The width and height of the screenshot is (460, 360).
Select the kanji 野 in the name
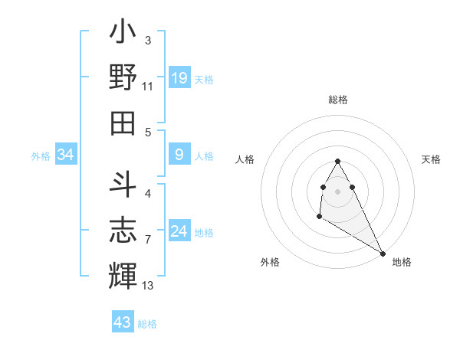click(123, 77)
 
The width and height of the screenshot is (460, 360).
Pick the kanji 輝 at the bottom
click(123, 273)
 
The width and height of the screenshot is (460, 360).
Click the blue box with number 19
click(179, 77)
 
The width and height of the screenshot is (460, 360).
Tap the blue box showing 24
click(179, 232)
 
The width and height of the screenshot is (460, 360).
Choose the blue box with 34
click(65, 155)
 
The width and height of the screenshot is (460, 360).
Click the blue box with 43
click(123, 322)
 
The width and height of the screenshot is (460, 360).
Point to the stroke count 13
click(148, 286)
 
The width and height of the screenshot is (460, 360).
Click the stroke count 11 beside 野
click(148, 87)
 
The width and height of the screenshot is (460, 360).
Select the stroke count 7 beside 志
click(147, 240)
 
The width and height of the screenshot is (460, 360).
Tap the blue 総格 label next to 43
click(147, 324)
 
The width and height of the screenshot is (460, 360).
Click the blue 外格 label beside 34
click(41, 156)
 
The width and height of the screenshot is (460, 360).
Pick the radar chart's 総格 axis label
click(337, 100)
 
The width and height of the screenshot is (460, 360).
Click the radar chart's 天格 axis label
click(431, 159)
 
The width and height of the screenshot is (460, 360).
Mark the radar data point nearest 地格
click(383, 253)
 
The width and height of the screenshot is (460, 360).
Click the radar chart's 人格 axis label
click(245, 159)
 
